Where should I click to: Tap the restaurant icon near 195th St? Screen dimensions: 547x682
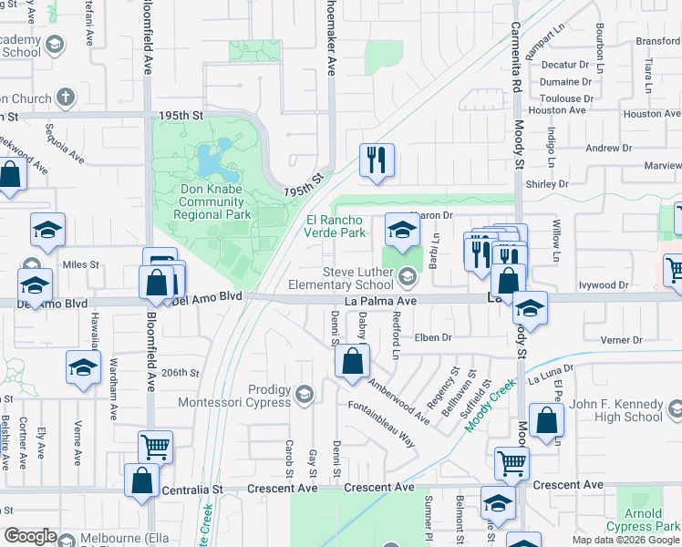(375, 160)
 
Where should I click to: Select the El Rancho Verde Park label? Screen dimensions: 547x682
(336, 226)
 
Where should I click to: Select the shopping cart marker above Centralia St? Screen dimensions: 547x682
(155, 448)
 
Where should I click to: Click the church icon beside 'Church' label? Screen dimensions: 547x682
(65, 97)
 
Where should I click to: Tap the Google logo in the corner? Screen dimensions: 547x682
(30, 536)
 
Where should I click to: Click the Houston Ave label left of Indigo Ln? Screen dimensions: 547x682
(556, 110)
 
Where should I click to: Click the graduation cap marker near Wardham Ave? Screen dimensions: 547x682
(83, 367)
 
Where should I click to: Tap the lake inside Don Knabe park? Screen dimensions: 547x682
(213, 162)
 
